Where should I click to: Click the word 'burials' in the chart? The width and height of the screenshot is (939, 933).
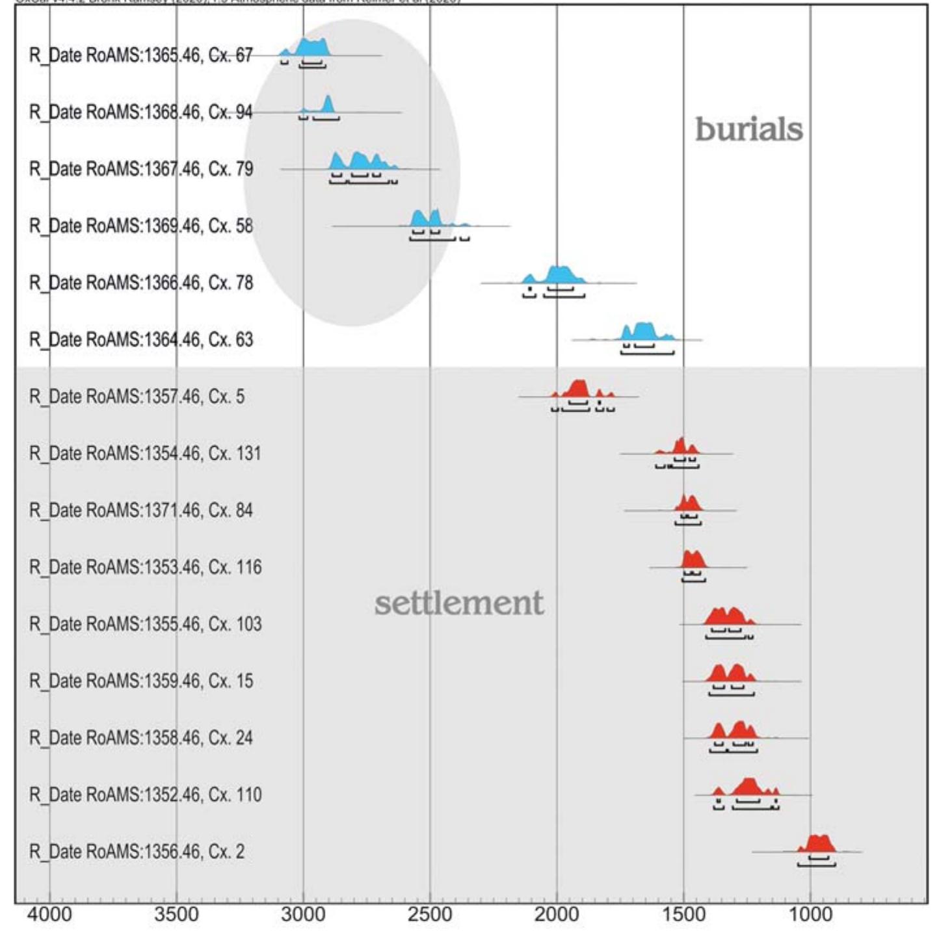748,129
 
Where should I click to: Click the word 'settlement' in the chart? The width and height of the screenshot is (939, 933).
458,603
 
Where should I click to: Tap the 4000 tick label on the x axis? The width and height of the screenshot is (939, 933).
49,914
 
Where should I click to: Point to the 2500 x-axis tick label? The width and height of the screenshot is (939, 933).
429,914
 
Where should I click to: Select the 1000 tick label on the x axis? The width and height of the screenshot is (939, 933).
810,914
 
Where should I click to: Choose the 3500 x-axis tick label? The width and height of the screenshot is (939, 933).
176,914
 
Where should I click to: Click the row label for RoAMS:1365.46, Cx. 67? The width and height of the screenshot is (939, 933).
140,55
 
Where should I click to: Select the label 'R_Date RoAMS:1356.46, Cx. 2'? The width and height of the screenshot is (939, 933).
137,852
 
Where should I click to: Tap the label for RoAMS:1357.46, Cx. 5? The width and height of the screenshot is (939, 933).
137,397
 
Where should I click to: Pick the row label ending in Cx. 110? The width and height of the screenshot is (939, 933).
145,795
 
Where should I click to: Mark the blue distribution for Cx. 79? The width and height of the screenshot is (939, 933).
360,162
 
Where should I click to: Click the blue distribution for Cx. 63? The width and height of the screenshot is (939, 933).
642,332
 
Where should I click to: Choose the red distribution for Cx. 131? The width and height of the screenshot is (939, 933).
680,447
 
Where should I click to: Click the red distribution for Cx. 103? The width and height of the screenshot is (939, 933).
728,616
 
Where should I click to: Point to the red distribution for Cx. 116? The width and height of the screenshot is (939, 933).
693,560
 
